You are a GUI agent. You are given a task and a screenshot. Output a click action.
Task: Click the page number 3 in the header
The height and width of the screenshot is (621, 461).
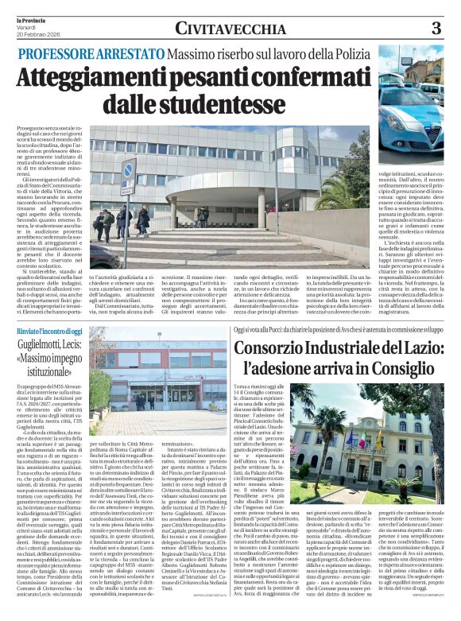coord(436,29)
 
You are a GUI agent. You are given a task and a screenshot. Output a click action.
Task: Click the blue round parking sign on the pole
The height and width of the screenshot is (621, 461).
coord(127,169)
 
